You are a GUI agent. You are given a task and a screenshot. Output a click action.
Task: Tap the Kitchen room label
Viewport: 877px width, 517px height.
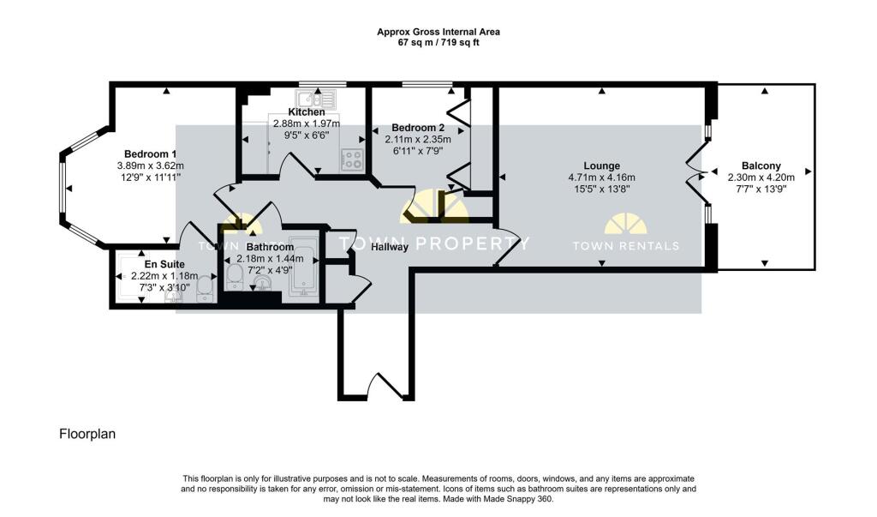[307, 112]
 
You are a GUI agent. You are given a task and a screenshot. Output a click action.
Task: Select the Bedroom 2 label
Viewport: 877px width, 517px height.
[418, 128]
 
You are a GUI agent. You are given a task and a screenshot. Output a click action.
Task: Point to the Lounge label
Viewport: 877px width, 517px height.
[602, 165]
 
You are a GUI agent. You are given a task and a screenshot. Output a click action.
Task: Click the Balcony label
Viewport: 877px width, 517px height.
[761, 165]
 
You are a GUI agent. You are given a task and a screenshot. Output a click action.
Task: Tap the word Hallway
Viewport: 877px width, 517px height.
[390, 246]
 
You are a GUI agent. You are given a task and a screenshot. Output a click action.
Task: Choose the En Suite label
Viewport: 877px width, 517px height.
[164, 264]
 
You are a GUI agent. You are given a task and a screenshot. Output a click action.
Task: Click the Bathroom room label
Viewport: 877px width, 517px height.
[270, 247]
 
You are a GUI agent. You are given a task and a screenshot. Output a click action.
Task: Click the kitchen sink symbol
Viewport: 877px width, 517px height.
[315, 99]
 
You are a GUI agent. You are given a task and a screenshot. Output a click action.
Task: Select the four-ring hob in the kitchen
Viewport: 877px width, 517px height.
[353, 159]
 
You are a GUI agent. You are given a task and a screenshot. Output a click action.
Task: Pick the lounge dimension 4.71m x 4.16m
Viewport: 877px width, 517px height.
[602, 177]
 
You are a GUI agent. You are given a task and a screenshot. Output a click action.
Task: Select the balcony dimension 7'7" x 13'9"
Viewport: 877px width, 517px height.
[761, 189]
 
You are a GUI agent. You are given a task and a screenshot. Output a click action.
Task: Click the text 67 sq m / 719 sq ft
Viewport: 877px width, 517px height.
[438, 43]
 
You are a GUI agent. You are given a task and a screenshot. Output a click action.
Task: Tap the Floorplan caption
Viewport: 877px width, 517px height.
[87, 434]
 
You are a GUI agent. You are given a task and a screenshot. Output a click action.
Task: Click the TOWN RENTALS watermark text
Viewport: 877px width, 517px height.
[626, 245]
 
